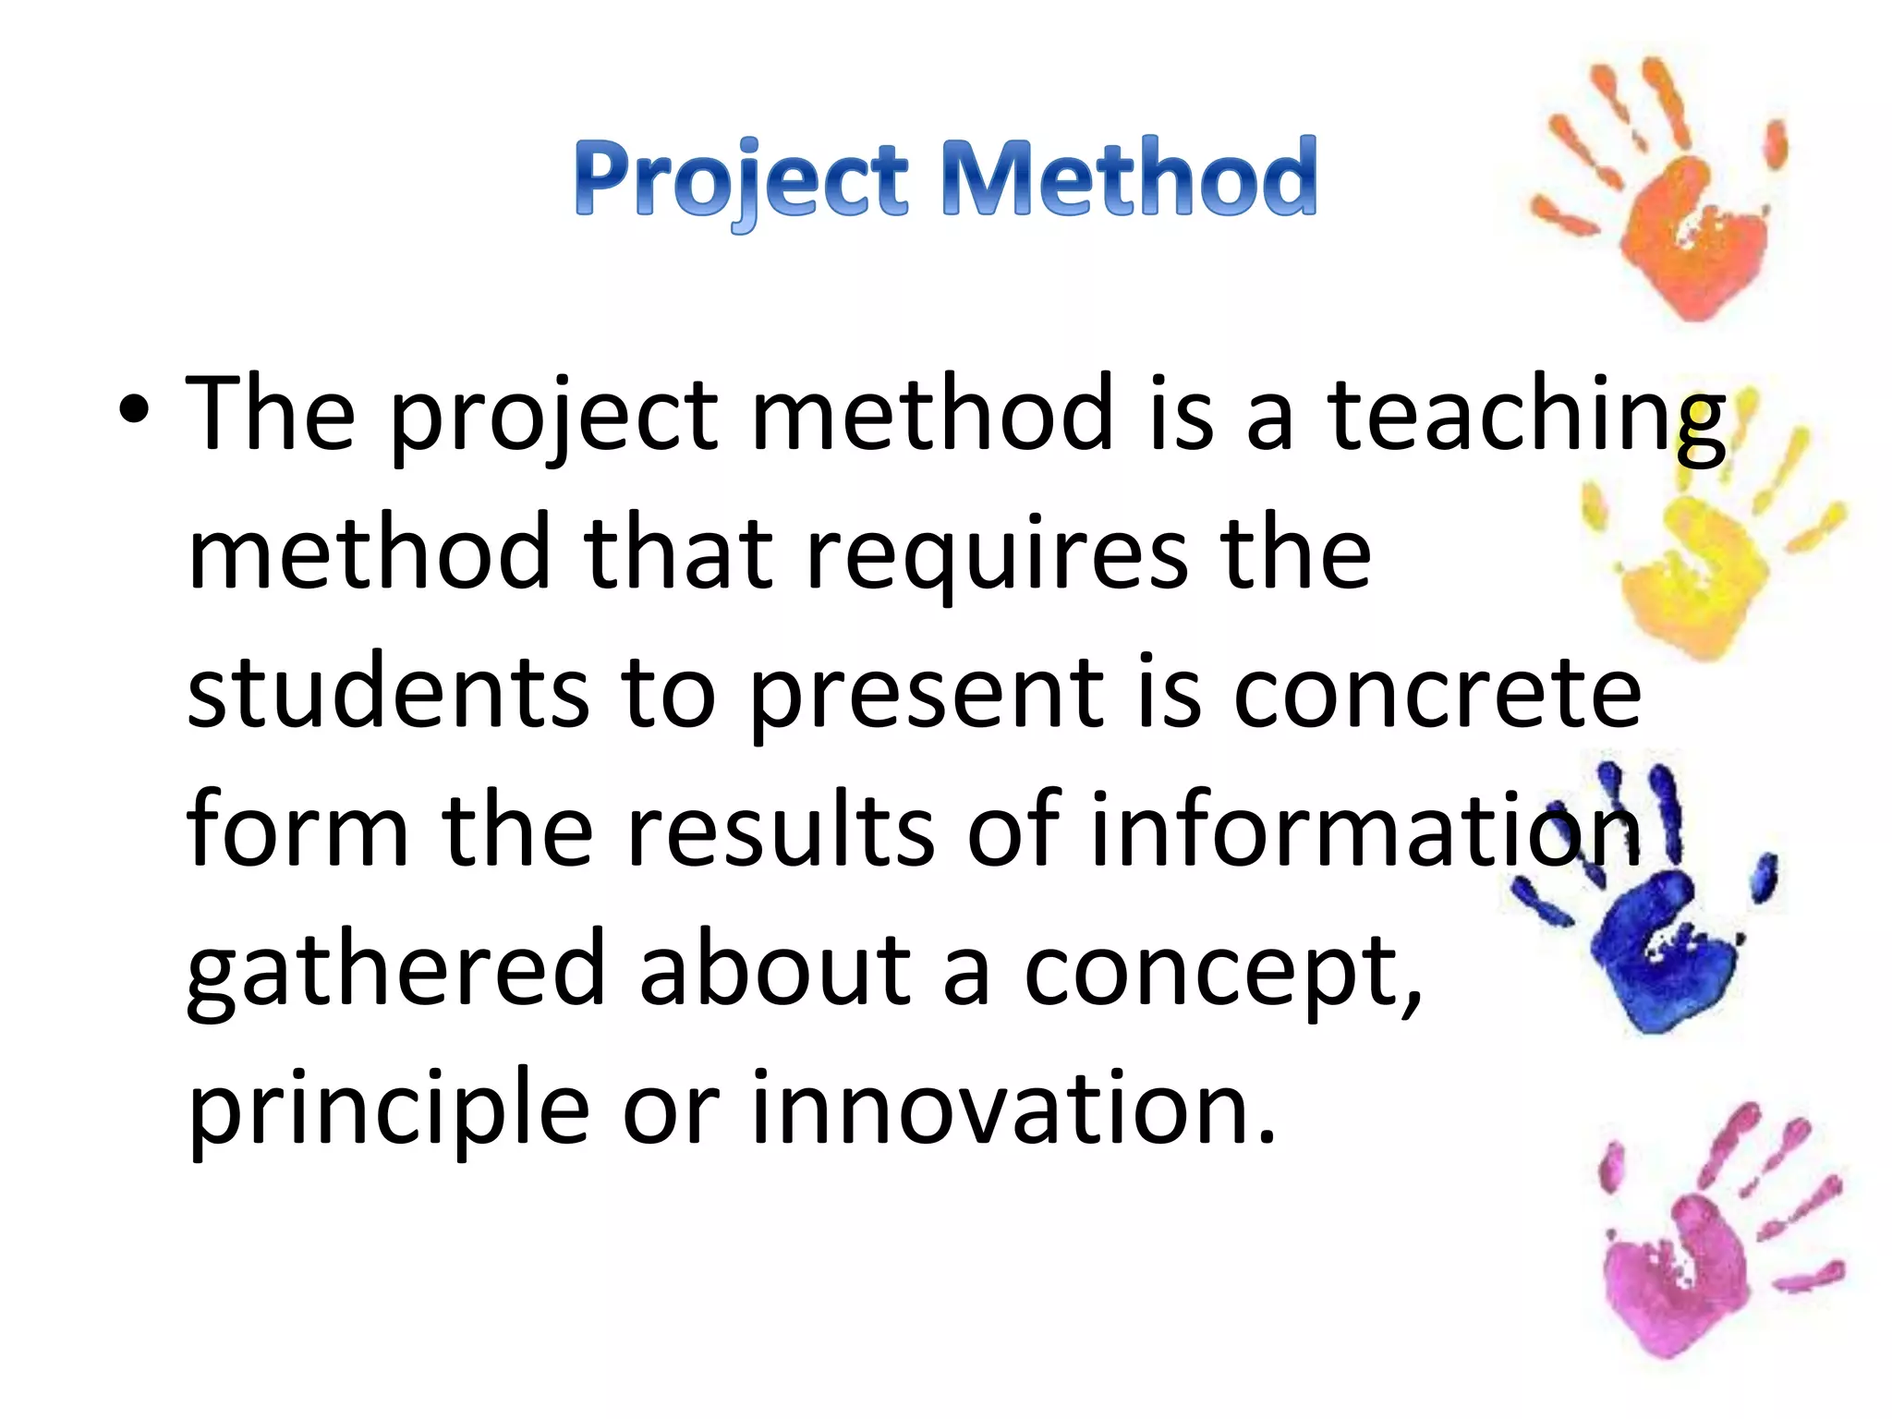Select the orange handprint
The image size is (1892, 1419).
point(1672,203)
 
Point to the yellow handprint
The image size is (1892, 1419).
point(1700,554)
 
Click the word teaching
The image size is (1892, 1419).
point(1525,416)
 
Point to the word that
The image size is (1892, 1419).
point(678,553)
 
